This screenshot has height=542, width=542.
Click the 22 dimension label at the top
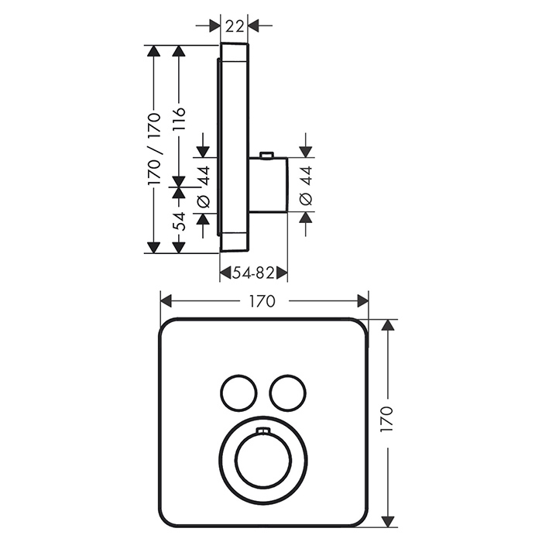coord(235,26)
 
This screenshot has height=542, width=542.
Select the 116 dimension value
coord(179,119)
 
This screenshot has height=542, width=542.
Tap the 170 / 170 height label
coord(154,149)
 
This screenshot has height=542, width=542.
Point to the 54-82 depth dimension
coord(253,273)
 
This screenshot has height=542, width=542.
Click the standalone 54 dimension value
coord(179,222)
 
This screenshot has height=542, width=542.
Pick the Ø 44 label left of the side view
coord(203,187)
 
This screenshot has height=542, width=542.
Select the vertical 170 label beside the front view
coord(386,420)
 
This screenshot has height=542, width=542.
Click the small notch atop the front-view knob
coord(263,431)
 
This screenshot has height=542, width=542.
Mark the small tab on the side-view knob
coord(266,155)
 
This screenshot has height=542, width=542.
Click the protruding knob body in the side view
coord(268,184)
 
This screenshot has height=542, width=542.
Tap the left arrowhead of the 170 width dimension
coord(166,301)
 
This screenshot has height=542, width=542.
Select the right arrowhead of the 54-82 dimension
coord(282,273)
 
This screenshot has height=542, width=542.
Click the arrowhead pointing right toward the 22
coord(214,26)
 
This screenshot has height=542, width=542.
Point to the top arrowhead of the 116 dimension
coord(179,51)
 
